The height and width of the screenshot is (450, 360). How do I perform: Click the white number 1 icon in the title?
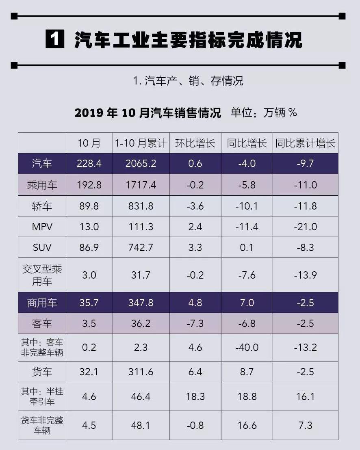pyautogui.click(x=55, y=40)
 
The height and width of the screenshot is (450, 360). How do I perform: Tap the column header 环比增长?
pyautogui.click(x=195, y=143)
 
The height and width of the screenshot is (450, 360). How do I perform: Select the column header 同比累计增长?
pyautogui.click(x=305, y=143)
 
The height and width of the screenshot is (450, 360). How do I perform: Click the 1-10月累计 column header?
pyautogui.click(x=141, y=143)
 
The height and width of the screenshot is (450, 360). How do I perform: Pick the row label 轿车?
pyautogui.click(x=42, y=206)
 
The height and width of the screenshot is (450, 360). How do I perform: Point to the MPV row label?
pyautogui.click(x=42, y=227)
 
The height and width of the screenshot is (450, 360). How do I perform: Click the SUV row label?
pyautogui.click(x=42, y=247)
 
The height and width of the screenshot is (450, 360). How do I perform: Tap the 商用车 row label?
pyautogui.click(x=42, y=303)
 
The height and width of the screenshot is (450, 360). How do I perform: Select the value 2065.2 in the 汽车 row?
pyautogui.click(x=141, y=164)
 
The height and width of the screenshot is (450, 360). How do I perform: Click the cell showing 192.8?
pyautogui.click(x=89, y=185)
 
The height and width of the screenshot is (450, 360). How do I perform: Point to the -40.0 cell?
pyautogui.click(x=247, y=347)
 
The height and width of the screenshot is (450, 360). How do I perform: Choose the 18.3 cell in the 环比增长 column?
pyautogui.click(x=195, y=396)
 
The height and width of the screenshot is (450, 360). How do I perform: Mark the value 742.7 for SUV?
pyautogui.click(x=141, y=247)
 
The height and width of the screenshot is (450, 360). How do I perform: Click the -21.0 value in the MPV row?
pyautogui.click(x=305, y=227)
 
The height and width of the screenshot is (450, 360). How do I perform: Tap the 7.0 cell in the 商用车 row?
pyautogui.click(x=247, y=303)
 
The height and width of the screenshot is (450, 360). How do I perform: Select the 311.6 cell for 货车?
pyautogui.click(x=141, y=372)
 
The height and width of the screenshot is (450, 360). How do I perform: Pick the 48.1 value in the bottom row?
pyautogui.click(x=141, y=425)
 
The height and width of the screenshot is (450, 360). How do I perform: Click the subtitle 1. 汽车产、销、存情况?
pyautogui.click(x=188, y=80)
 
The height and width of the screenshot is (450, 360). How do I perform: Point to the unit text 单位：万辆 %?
pyautogui.click(x=264, y=112)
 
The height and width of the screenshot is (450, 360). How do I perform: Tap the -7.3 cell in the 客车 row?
pyautogui.click(x=195, y=323)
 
